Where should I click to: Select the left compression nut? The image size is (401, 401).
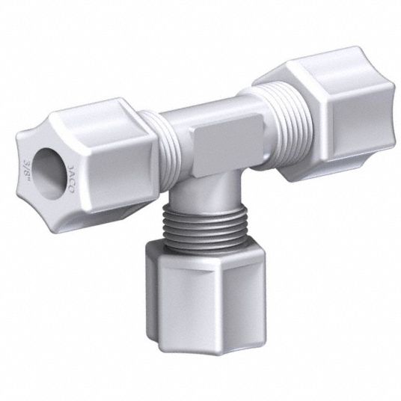87,166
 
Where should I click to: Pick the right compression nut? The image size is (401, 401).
325,112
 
